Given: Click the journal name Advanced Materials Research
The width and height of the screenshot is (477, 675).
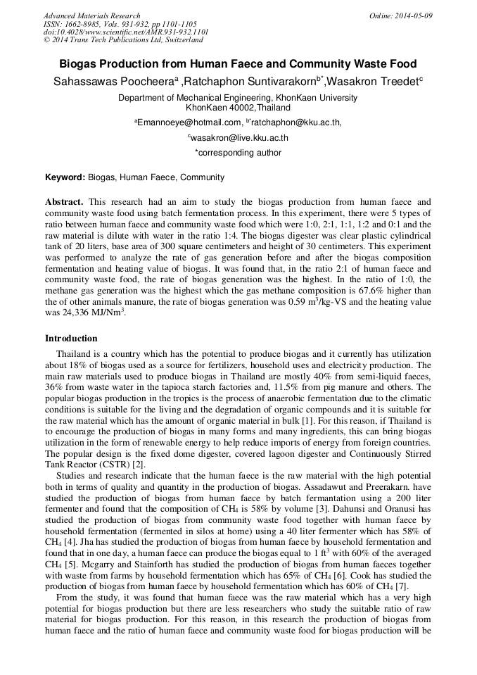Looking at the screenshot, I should pos(92,15).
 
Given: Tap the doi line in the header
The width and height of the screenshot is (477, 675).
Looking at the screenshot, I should pos(126,32).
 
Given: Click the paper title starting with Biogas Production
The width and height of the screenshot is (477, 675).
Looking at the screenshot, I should pos(238,64).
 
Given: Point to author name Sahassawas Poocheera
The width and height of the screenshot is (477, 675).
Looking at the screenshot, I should pos(110,82).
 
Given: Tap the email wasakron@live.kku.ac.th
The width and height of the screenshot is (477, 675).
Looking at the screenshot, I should pos(239,138).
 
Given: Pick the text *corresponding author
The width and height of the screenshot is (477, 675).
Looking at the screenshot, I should pos(238,153).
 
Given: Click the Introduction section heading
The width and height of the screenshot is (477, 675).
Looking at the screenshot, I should pos(71,339).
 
